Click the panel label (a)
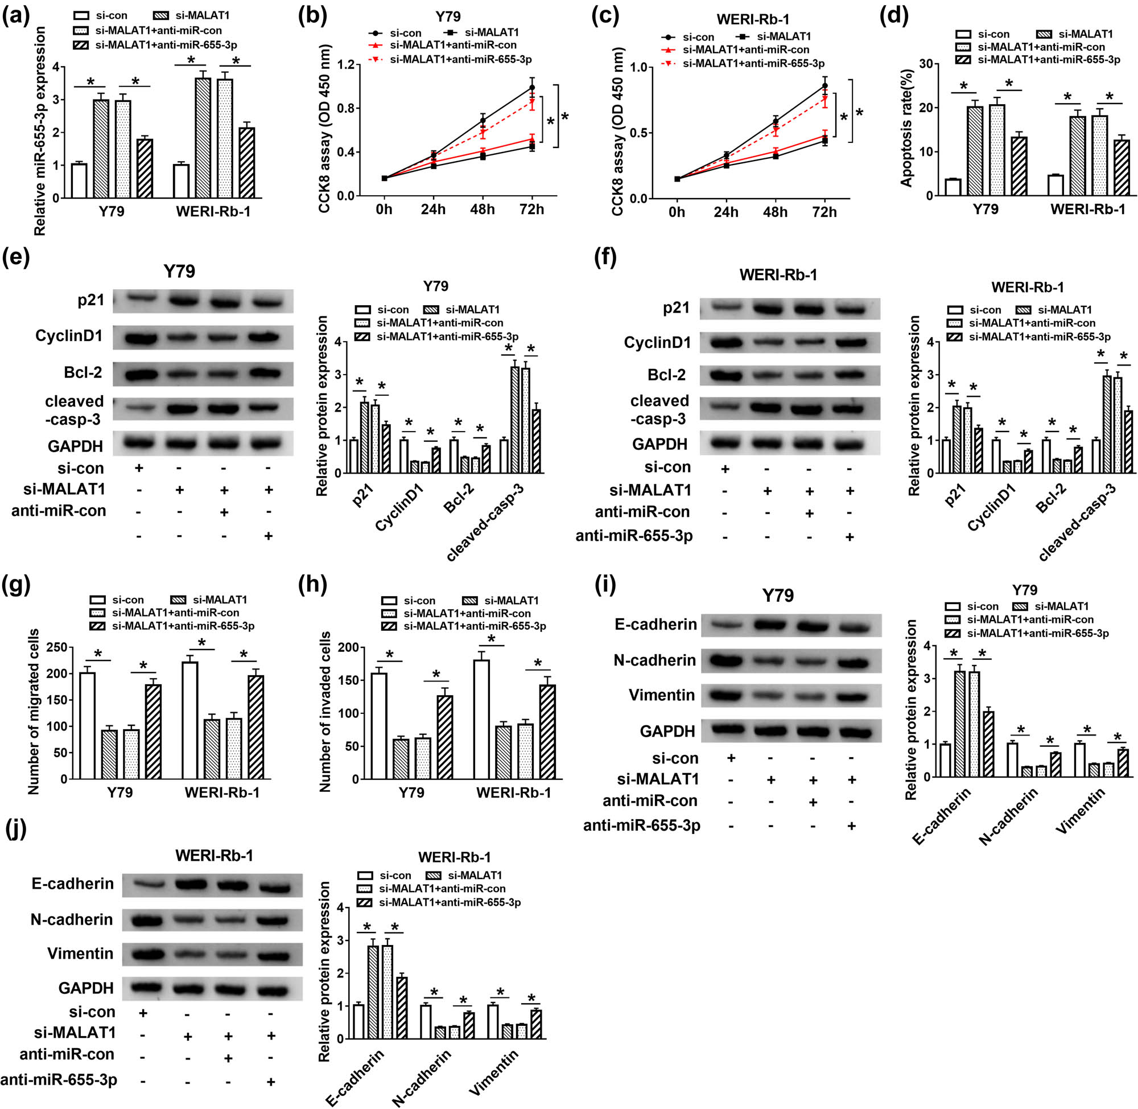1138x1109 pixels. [x=16, y=16]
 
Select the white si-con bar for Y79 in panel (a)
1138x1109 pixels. [x=79, y=180]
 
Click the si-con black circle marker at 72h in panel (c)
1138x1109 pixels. [x=824, y=85]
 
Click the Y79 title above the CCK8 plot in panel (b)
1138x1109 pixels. [x=447, y=17]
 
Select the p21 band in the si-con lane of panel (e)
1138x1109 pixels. [x=143, y=299]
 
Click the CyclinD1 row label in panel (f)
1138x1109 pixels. [x=657, y=343]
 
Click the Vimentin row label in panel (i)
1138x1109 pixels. [x=661, y=695]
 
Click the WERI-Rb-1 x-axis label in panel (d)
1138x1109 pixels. [x=1087, y=209]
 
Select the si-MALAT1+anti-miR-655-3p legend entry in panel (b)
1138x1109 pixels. [x=460, y=59]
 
